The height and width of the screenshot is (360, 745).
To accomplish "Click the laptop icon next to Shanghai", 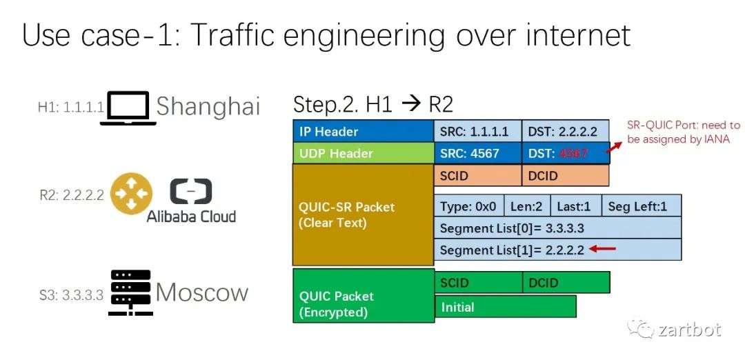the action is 128,108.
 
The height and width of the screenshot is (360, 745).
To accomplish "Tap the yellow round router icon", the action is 132,194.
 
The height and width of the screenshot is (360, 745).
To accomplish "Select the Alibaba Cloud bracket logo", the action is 191,192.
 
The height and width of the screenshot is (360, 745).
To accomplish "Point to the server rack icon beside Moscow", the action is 130,292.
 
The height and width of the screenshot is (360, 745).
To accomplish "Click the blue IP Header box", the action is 364,131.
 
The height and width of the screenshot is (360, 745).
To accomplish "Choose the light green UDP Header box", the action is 364,153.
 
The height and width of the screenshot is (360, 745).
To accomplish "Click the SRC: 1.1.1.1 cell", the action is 478,131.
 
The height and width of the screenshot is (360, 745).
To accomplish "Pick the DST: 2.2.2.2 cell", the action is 566,131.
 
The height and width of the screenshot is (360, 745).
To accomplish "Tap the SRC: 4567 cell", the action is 478,153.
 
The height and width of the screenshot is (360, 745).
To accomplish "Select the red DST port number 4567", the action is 574,153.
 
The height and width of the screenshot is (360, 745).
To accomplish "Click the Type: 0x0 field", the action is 469,206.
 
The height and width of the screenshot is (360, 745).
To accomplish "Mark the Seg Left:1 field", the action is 642,206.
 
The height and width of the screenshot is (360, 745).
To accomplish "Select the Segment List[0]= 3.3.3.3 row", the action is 558,228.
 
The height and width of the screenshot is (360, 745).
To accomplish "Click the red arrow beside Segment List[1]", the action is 602,248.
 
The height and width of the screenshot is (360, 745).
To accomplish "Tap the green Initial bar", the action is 506,306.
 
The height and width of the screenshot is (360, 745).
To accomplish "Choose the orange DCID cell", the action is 566,175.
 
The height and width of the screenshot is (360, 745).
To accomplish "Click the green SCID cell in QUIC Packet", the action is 479,282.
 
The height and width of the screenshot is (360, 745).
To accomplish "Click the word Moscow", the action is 202,292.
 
